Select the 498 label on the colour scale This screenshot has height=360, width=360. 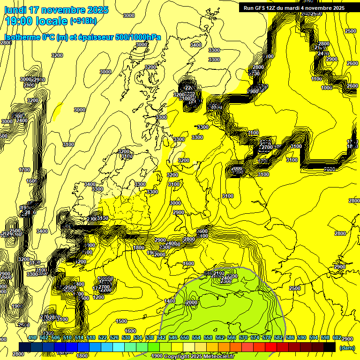point(32,337)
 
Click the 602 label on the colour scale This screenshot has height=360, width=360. point(337,337)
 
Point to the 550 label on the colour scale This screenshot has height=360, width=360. point(185,337)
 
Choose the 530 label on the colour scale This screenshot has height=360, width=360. point(126,337)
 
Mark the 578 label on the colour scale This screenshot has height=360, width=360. point(267,337)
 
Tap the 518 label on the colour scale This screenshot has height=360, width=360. point(91,337)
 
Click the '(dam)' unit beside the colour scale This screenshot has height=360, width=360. point(347,348)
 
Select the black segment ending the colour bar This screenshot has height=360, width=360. point(330,347)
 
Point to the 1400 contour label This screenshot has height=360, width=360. point(170,300)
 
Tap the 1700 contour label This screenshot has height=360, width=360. point(24,170)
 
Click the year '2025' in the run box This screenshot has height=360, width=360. point(337,8)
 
